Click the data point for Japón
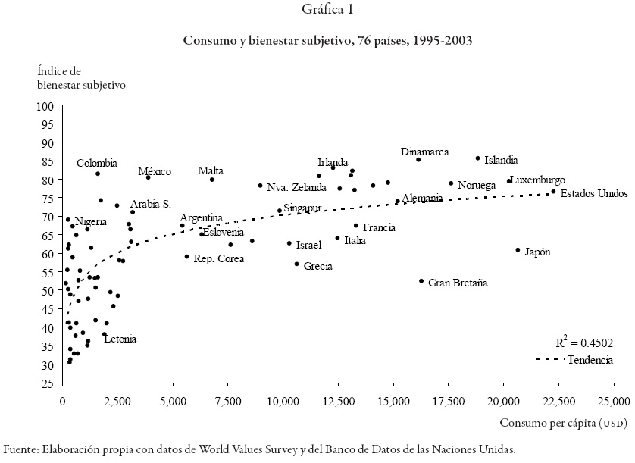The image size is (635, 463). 518,250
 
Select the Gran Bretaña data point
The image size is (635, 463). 421,281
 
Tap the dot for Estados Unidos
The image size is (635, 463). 553,192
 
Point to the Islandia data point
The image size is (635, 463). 477,158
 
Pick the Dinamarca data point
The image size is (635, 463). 418,160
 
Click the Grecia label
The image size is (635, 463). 317,267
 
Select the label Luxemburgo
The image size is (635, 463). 537,180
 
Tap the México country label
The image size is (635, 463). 155,172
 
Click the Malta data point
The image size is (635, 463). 212,180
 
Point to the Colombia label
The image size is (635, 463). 97,163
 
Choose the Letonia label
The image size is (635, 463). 120,339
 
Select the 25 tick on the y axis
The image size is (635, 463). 51,383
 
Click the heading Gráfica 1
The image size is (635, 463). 317,10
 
